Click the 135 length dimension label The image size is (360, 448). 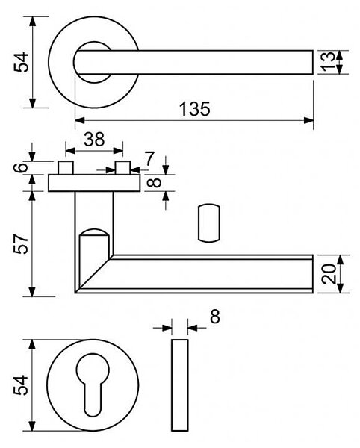tap(195, 109)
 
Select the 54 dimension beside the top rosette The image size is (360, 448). tap(21, 62)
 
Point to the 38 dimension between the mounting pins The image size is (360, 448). tap(94, 140)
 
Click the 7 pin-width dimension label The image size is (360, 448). tap(149, 158)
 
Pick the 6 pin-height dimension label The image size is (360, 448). tap(21, 167)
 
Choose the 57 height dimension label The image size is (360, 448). tap(21, 243)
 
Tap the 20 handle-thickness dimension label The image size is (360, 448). tap(329, 274)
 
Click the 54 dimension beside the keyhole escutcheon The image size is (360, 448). tap(21, 385)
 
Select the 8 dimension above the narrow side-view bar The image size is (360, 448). tap(215, 317)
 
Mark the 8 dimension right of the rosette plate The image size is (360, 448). tap(155, 183)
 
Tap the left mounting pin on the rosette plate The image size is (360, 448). tap(66, 168)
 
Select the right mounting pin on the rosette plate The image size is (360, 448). tap(122, 168)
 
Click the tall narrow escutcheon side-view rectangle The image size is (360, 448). tap(180, 385)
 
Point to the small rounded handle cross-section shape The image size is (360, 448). tap(209, 223)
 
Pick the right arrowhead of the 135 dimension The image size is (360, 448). tap(309, 120)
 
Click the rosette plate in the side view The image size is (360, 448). tap(94, 183)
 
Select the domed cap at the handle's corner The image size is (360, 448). tap(94, 231)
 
